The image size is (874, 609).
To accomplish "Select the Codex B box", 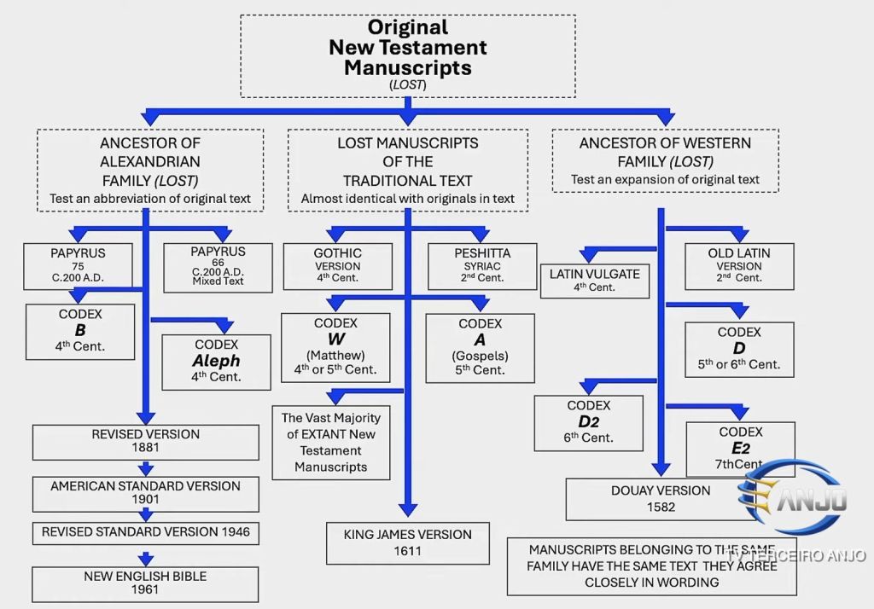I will click(80, 331).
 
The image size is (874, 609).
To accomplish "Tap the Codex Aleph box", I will click(216, 362).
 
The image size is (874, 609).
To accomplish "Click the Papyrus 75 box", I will click(78, 266).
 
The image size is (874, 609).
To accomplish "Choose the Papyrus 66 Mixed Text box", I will click(218, 267).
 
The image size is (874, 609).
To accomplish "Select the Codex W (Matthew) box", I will click(335, 347).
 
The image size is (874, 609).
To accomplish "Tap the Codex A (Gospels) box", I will click(480, 347).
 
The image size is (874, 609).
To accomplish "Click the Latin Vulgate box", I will click(594, 281).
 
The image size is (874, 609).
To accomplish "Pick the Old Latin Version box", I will click(738, 266).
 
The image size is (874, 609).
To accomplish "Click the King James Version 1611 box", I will click(407, 543).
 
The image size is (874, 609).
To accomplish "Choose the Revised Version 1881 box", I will click(145, 441).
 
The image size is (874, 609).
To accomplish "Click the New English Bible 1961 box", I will click(145, 584).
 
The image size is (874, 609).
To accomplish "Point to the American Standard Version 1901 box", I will click(145, 493).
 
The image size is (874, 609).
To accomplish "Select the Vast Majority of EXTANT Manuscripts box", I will click(331, 443).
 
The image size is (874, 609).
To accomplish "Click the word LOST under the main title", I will click(407, 84).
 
